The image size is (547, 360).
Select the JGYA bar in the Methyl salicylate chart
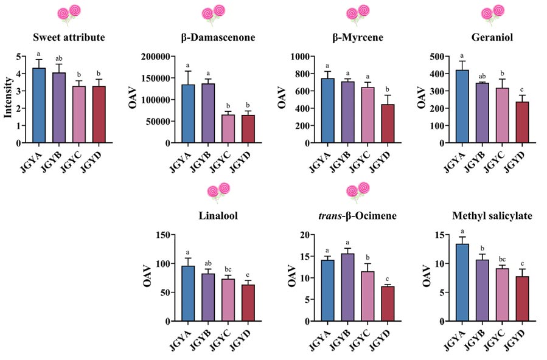pyautogui.click(x=462, y=282)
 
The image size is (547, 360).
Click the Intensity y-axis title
pyautogui.click(x=8, y=100)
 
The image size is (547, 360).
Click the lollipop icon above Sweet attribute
pyautogui.click(x=68, y=14)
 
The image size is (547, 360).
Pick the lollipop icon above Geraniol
pyautogui.click(x=494, y=14)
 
